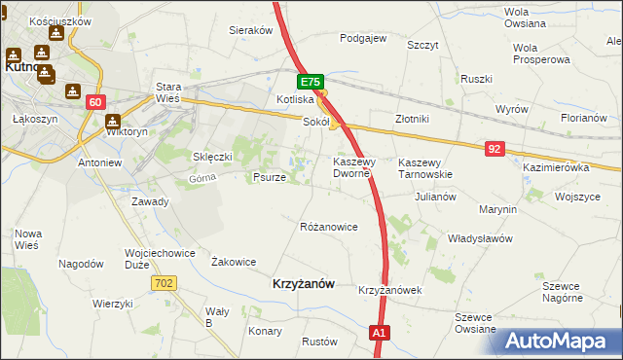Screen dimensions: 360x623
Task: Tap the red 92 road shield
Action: (495, 148)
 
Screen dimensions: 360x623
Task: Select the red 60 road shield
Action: (94, 102)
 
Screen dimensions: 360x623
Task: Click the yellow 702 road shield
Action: (164, 282)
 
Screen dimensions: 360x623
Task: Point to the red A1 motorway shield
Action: (381, 333)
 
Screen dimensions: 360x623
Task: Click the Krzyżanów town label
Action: (302, 283)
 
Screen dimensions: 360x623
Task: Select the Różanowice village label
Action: (329, 227)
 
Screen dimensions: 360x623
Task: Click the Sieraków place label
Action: (250, 30)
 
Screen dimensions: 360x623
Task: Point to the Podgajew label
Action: (363, 39)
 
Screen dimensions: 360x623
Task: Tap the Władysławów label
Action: (480, 237)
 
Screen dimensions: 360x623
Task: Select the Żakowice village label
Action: (234, 262)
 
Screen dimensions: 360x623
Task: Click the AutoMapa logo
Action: (558, 341)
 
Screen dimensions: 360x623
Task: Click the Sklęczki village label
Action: (212, 157)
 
